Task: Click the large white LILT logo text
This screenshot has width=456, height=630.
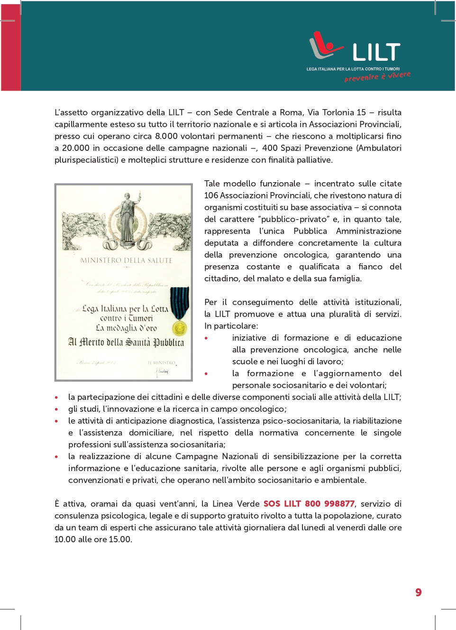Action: (x=376, y=52)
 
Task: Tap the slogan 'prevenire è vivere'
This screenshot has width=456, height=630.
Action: (x=377, y=76)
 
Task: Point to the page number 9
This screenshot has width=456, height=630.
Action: (x=418, y=593)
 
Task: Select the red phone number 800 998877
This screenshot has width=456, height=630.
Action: (x=329, y=504)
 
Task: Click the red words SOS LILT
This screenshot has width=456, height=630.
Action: (x=282, y=504)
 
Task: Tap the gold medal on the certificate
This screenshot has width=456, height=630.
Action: (x=179, y=327)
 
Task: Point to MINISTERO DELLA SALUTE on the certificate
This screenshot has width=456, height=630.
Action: (x=126, y=260)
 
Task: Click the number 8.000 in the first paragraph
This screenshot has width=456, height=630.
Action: (x=166, y=136)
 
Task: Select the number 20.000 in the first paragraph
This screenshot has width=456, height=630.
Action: (x=76, y=148)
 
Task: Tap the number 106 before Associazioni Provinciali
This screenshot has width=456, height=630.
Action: (x=211, y=195)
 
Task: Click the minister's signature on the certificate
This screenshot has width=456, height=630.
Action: (x=163, y=371)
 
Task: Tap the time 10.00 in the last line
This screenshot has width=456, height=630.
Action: (x=65, y=539)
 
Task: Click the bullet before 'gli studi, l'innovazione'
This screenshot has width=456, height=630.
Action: (x=56, y=409)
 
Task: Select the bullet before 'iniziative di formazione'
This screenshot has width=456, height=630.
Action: (x=206, y=338)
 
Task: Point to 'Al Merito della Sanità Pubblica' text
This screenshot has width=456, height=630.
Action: (x=126, y=343)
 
